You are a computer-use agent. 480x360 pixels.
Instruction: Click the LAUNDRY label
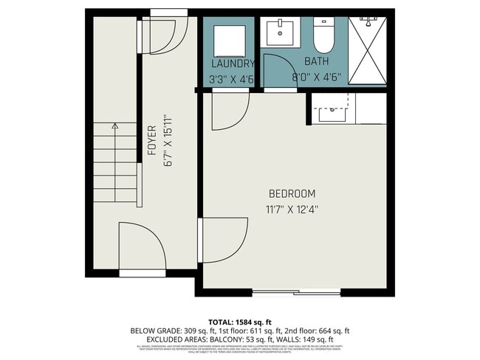[233, 63]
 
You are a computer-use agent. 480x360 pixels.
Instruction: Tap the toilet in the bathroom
[323, 34]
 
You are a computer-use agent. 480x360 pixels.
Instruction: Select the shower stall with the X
[367, 49]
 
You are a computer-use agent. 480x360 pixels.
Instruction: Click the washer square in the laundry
[230, 40]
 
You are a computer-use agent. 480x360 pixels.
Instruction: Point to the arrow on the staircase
[114, 127]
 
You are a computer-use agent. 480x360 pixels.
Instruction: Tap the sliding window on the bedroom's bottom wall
[296, 293]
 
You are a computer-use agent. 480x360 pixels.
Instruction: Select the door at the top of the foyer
[168, 33]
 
